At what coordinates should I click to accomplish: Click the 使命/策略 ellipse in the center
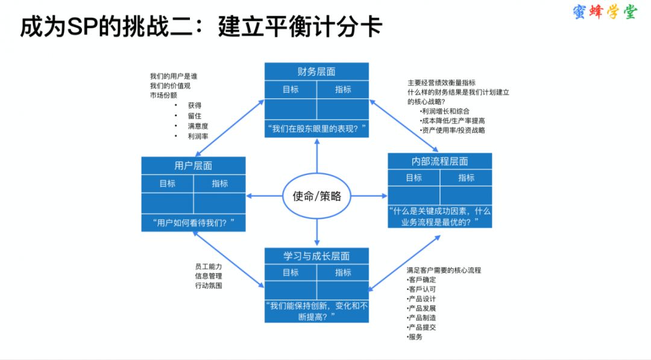click(x=317, y=196)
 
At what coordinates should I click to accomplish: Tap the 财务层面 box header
click(x=317, y=71)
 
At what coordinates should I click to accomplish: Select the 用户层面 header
click(x=193, y=166)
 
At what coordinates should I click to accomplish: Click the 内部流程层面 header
click(x=440, y=161)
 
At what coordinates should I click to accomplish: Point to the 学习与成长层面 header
click(x=317, y=256)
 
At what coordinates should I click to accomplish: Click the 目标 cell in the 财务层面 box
click(x=291, y=89)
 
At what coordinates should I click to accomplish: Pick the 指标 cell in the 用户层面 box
click(x=219, y=183)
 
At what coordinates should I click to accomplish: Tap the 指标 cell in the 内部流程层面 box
click(x=466, y=178)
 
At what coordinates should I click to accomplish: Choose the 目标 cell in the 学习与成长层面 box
click(x=291, y=273)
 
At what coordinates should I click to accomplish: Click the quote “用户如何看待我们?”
click(x=193, y=223)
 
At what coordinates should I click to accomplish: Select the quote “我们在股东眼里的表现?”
click(x=317, y=128)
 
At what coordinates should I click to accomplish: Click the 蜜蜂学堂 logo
click(x=605, y=12)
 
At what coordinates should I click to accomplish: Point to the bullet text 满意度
click(x=198, y=126)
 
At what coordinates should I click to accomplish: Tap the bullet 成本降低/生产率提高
click(x=452, y=121)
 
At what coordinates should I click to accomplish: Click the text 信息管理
click(x=209, y=276)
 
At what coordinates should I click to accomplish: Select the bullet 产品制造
click(x=421, y=318)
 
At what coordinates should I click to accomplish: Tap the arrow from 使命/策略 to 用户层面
click(x=265, y=196)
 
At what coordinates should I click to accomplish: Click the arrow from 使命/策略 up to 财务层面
click(x=317, y=156)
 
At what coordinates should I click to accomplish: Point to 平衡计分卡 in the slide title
click(x=300, y=27)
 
